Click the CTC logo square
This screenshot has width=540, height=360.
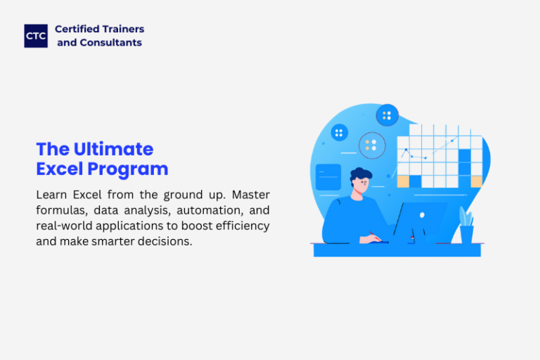pos(36,36)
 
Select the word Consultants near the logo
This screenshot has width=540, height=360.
pos(111,42)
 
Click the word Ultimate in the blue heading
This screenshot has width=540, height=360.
pos(113,149)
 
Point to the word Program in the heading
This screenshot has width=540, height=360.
pos(128,169)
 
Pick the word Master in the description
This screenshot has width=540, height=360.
pos(251,195)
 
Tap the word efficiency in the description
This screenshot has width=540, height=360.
pos(243,226)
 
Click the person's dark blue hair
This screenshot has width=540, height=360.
pos(361,174)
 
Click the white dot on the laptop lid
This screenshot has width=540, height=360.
pos(422,215)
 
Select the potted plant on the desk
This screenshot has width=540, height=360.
pos(466,225)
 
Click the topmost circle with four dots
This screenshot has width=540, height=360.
pos(387,115)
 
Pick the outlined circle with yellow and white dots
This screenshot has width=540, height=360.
pos(372,146)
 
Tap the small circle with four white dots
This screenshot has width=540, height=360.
pos(339,133)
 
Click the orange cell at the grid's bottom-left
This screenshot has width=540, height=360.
pos(403,181)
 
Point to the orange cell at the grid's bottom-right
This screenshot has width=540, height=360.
pos(476,181)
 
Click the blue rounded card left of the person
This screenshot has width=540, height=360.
pos(328,177)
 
